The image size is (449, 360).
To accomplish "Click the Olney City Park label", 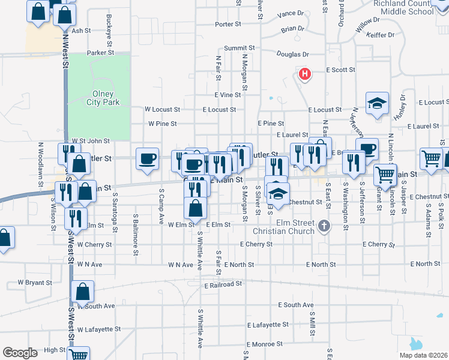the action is (x=106, y=98).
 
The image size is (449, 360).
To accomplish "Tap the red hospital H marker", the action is (x=305, y=74).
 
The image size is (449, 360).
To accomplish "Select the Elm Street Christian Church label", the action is (x=292, y=227).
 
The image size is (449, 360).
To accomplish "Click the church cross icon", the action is (x=324, y=226).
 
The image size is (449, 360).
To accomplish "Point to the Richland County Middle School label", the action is (x=403, y=7).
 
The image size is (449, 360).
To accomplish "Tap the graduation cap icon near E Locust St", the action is (x=377, y=103).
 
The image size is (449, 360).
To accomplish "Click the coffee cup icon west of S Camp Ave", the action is (x=148, y=159).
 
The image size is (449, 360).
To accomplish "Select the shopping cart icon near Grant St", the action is (x=384, y=175).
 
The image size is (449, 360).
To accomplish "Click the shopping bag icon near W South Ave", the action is (x=82, y=292).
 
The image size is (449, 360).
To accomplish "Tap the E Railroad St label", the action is (x=223, y=284).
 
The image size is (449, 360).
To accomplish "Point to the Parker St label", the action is (x=100, y=53).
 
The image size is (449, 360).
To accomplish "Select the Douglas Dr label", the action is (x=292, y=54).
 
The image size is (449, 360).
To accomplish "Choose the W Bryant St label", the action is (x=35, y=281).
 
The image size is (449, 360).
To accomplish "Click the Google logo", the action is (x=20, y=353).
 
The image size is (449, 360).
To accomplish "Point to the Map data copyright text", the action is (x=424, y=355).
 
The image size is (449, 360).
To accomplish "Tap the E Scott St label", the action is (x=341, y=70).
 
